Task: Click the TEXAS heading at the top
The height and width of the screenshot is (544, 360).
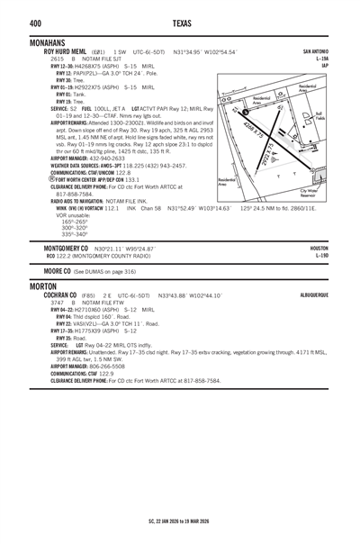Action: (180, 23)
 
